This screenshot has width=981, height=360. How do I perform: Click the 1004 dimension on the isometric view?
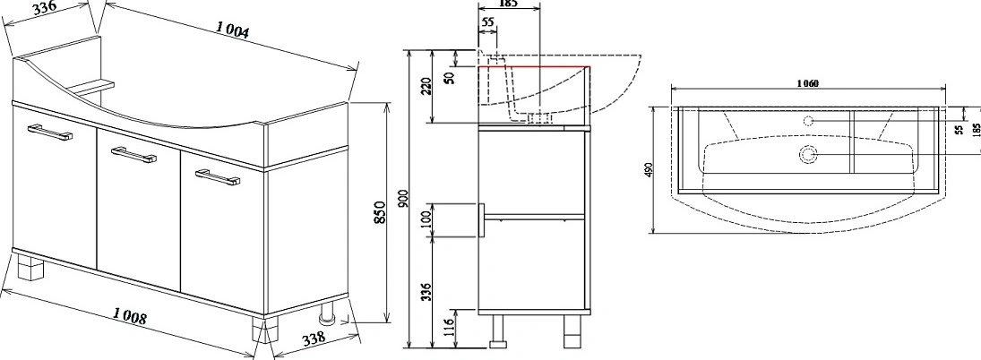click(x=233, y=29)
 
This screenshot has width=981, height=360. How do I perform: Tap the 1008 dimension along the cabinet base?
click(x=130, y=316)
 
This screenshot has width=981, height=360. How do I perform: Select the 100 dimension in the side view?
click(x=426, y=220)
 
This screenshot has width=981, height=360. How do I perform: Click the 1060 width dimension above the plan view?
click(x=808, y=84)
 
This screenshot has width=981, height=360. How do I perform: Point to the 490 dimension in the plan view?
click(x=648, y=169)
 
